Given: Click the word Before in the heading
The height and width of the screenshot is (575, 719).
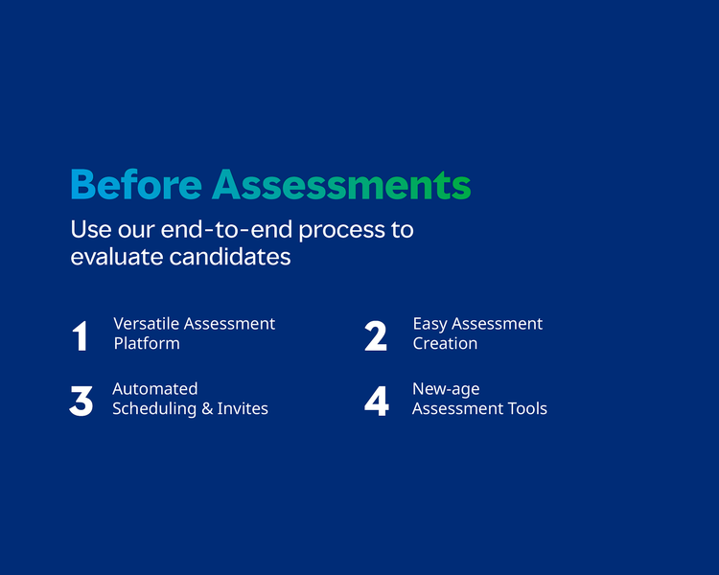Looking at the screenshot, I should coord(136,185).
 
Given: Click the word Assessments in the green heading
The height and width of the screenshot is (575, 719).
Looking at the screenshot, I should coord(341,185).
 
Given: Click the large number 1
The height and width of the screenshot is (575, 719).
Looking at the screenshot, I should coord(80,336).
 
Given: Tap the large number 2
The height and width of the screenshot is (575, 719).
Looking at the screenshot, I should coord(376,336).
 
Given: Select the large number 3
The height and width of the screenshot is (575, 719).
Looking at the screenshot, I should coord(81,402).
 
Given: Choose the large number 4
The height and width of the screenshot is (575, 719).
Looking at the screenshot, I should coord(377,402).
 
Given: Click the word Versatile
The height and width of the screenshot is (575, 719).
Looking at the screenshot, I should coord(146,324).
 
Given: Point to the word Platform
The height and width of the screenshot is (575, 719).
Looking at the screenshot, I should coord(147,344).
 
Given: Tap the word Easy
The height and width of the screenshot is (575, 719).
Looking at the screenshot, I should coord(429,325).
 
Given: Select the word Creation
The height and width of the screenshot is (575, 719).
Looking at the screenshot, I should coord(445,343).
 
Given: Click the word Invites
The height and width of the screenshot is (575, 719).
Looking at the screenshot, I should coord(243,408).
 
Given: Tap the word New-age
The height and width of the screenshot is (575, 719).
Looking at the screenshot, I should coord(446,390).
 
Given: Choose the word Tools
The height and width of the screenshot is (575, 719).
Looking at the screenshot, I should coord(527,408).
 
